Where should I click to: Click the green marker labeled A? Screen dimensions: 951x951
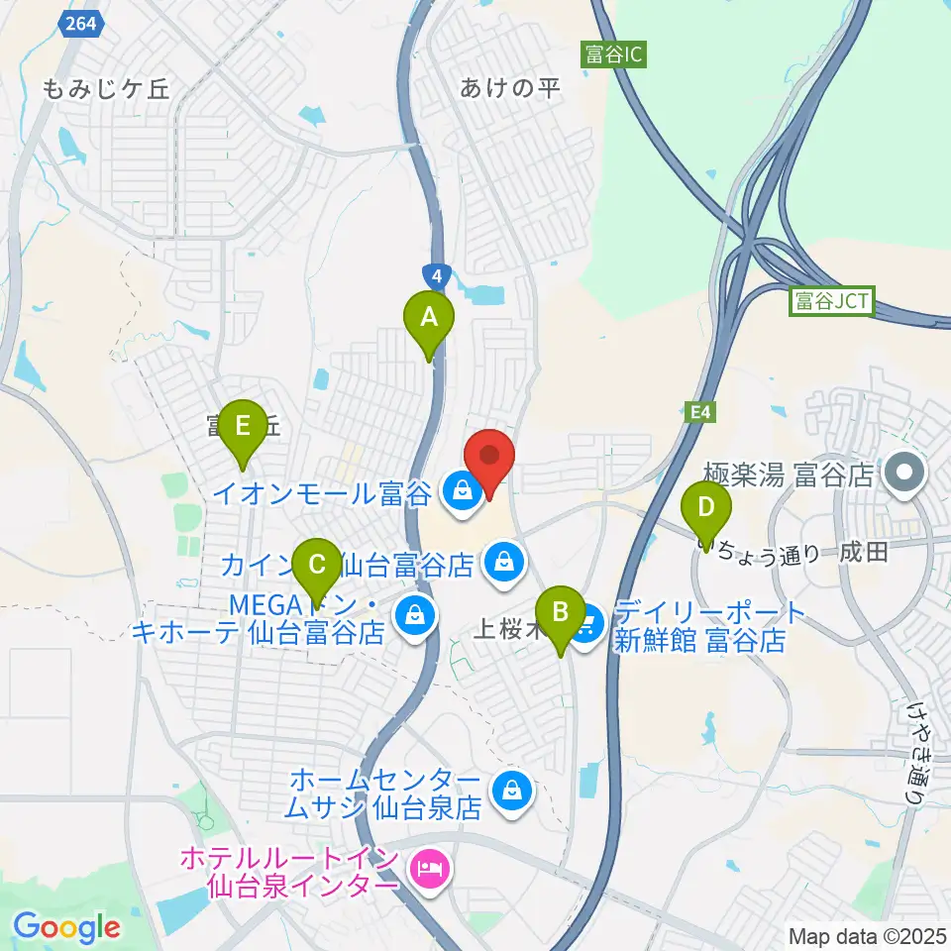429,319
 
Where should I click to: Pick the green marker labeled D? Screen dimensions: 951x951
706,508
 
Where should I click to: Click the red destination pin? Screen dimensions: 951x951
489,457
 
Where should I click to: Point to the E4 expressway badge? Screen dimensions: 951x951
699,409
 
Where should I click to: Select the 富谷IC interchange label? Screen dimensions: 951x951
614,54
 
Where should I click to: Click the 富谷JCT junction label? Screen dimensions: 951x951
831,301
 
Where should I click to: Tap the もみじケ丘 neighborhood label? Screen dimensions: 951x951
106,88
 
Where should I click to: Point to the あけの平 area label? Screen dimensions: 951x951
510,88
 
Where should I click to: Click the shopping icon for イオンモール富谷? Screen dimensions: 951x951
461,488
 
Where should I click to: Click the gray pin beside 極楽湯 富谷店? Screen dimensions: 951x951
904,474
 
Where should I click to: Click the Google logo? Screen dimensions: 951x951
66,928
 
